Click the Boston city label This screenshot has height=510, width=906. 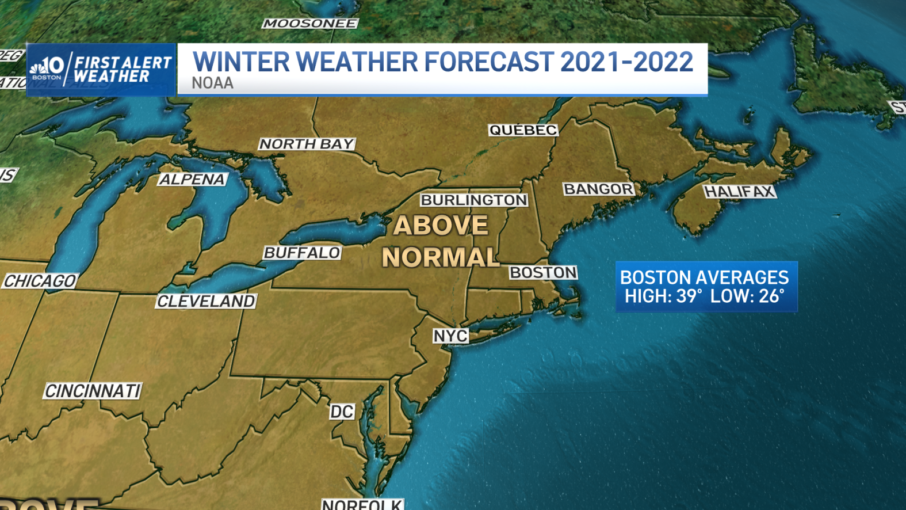(543, 272)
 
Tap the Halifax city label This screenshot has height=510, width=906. (740, 191)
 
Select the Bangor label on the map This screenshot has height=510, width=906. (598, 189)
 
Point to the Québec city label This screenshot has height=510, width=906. (523, 130)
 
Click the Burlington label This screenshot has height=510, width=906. (474, 200)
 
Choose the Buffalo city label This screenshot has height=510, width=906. (302, 253)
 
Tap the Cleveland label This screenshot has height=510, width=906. (206, 301)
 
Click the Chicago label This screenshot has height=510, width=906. (40, 281)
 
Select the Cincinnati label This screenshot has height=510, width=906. (93, 391)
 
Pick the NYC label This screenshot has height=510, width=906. (450, 336)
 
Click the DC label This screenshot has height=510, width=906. (342, 412)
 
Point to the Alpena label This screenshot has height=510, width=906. (192, 180)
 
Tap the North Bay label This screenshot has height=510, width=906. (307, 144)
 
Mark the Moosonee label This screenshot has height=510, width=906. (310, 24)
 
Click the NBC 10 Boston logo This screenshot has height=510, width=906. (47, 69)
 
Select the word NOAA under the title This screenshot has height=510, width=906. (212, 83)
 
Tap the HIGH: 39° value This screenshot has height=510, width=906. (663, 296)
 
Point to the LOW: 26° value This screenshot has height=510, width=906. (747, 296)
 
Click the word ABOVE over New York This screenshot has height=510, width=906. (441, 225)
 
